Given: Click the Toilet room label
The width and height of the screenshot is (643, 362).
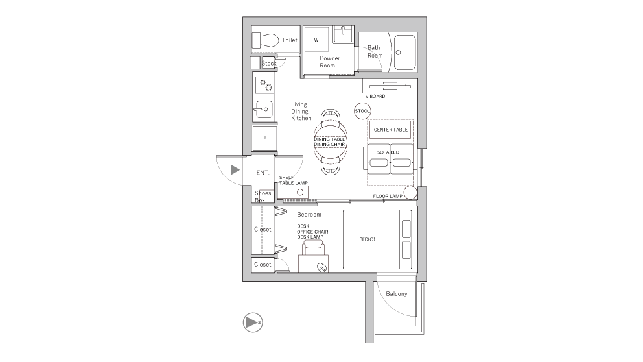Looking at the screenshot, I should click(290, 40).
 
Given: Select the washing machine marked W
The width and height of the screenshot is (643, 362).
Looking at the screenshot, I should click(317, 40).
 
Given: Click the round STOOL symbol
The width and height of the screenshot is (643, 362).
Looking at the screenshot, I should click(362, 111).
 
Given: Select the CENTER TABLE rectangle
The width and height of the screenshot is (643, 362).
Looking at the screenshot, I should click(391, 130).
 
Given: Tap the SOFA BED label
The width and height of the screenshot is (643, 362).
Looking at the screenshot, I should click(389, 152).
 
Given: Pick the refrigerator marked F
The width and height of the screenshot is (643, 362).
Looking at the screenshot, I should click(264, 138).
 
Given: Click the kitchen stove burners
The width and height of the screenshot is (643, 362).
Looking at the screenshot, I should click(266, 84).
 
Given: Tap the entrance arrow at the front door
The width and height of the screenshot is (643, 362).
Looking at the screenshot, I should click(235, 170).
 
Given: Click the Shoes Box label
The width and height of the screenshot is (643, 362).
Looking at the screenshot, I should click(263, 196).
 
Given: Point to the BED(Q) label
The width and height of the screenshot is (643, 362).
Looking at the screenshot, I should click(368, 239).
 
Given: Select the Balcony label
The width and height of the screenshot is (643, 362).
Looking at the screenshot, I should click(396, 294).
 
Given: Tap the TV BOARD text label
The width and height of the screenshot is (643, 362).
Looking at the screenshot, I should click(373, 97).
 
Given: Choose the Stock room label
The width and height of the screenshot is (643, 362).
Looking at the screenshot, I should click(269, 63).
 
